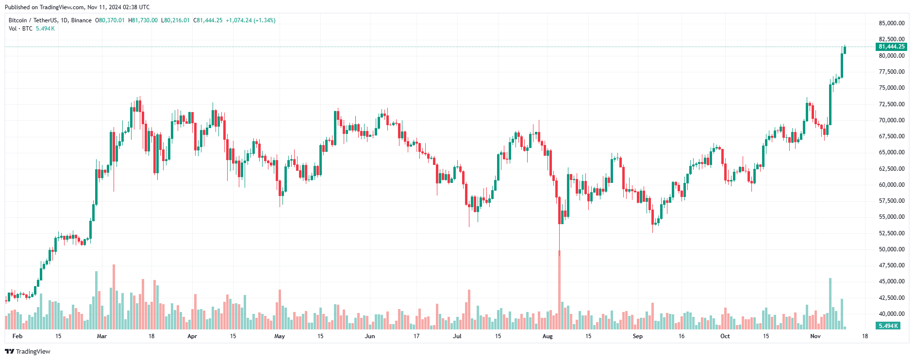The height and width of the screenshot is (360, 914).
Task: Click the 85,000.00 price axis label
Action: tap(891, 23)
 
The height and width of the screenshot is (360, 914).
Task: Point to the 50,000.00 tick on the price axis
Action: tap(891, 249)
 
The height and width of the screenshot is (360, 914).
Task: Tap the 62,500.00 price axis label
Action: tap(891, 169)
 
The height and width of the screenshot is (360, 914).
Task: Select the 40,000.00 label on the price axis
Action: tap(891, 314)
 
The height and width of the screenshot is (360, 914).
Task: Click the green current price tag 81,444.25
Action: tap(891, 47)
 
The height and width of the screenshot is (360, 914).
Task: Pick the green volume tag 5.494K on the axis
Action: tap(888, 326)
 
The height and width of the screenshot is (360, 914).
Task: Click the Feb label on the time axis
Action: tap(17, 336)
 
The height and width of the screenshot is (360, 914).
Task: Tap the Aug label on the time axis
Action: tap(548, 336)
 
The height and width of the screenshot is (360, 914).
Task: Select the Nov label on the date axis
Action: tap(815, 336)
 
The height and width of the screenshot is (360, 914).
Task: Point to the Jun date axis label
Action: tap(370, 336)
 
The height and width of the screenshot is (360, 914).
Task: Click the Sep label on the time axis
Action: tap(638, 336)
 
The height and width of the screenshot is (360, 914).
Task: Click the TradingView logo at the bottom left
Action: tap(28, 351)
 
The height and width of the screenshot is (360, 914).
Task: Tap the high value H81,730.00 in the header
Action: tap(143, 20)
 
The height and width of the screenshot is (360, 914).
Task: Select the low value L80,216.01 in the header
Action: tap(175, 20)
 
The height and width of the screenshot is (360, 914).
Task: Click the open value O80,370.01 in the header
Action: tap(110, 20)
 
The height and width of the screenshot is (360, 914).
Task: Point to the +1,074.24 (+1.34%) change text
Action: tap(250, 20)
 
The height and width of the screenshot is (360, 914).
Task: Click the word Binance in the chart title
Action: tap(81, 20)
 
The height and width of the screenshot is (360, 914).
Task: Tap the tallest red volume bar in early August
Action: tap(559, 291)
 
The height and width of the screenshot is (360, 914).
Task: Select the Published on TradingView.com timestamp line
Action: tap(77, 7)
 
